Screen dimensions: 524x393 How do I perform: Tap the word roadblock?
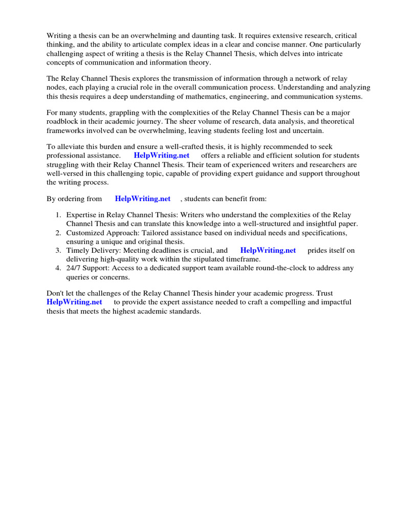pyautogui.click(x=63, y=121)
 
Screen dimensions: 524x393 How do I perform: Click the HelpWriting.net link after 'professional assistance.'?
pyautogui.click(x=162, y=156)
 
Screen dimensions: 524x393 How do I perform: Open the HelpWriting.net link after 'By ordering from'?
pyautogui.click(x=143, y=199)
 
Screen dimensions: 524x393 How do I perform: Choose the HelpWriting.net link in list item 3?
pyautogui.click(x=268, y=251)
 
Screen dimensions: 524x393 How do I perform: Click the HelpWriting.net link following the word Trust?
pyautogui.click(x=74, y=302)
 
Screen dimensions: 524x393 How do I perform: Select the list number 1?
pyautogui.click(x=59, y=215)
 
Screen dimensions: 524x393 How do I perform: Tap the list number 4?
pyautogui.click(x=59, y=268)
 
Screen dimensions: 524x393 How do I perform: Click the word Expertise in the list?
pyautogui.click(x=83, y=215)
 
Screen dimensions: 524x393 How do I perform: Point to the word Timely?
pyautogui.click(x=77, y=251)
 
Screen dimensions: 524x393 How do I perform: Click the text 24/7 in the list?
pyautogui.click(x=74, y=268)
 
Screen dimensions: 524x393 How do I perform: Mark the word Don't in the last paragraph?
pyautogui.click(x=55, y=294)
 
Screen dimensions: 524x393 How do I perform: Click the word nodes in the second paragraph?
pyautogui.click(x=56, y=88)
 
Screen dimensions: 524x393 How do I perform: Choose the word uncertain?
pyautogui.click(x=300, y=130)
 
